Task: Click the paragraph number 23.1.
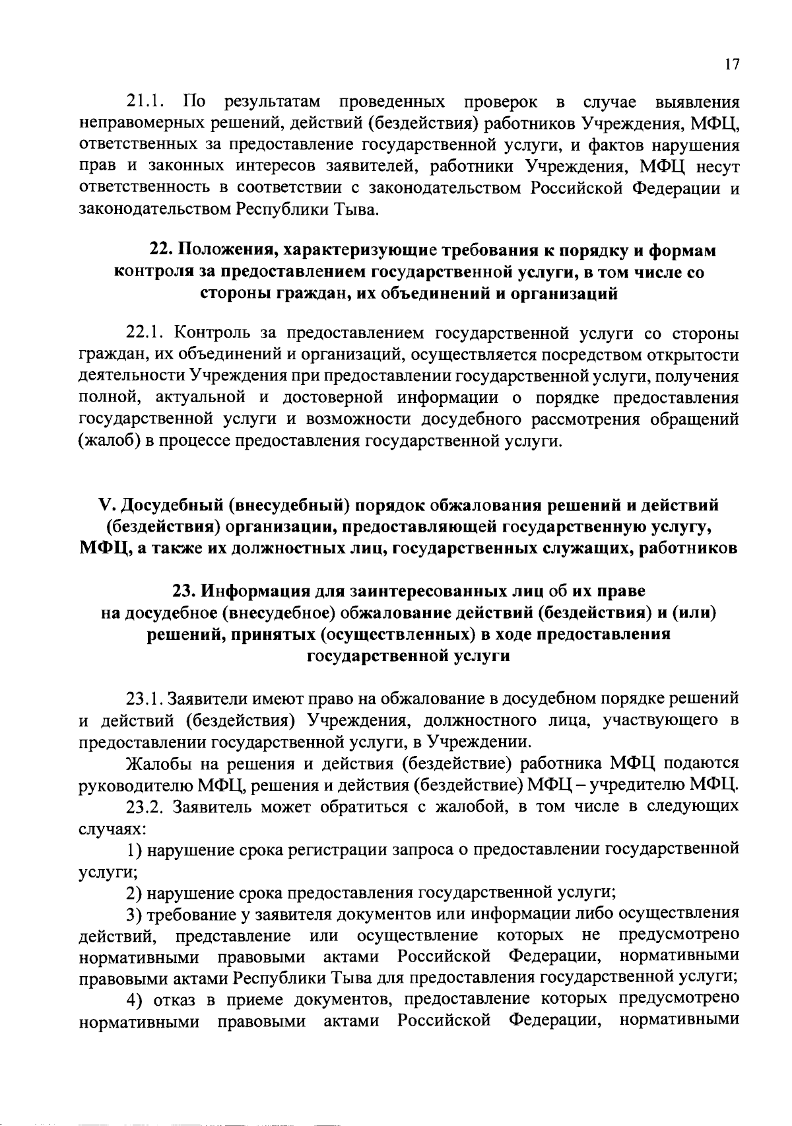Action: click(144, 699)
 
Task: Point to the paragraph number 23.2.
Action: click(144, 806)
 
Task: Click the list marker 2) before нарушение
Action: click(135, 893)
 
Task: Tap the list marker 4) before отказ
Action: click(135, 1001)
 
